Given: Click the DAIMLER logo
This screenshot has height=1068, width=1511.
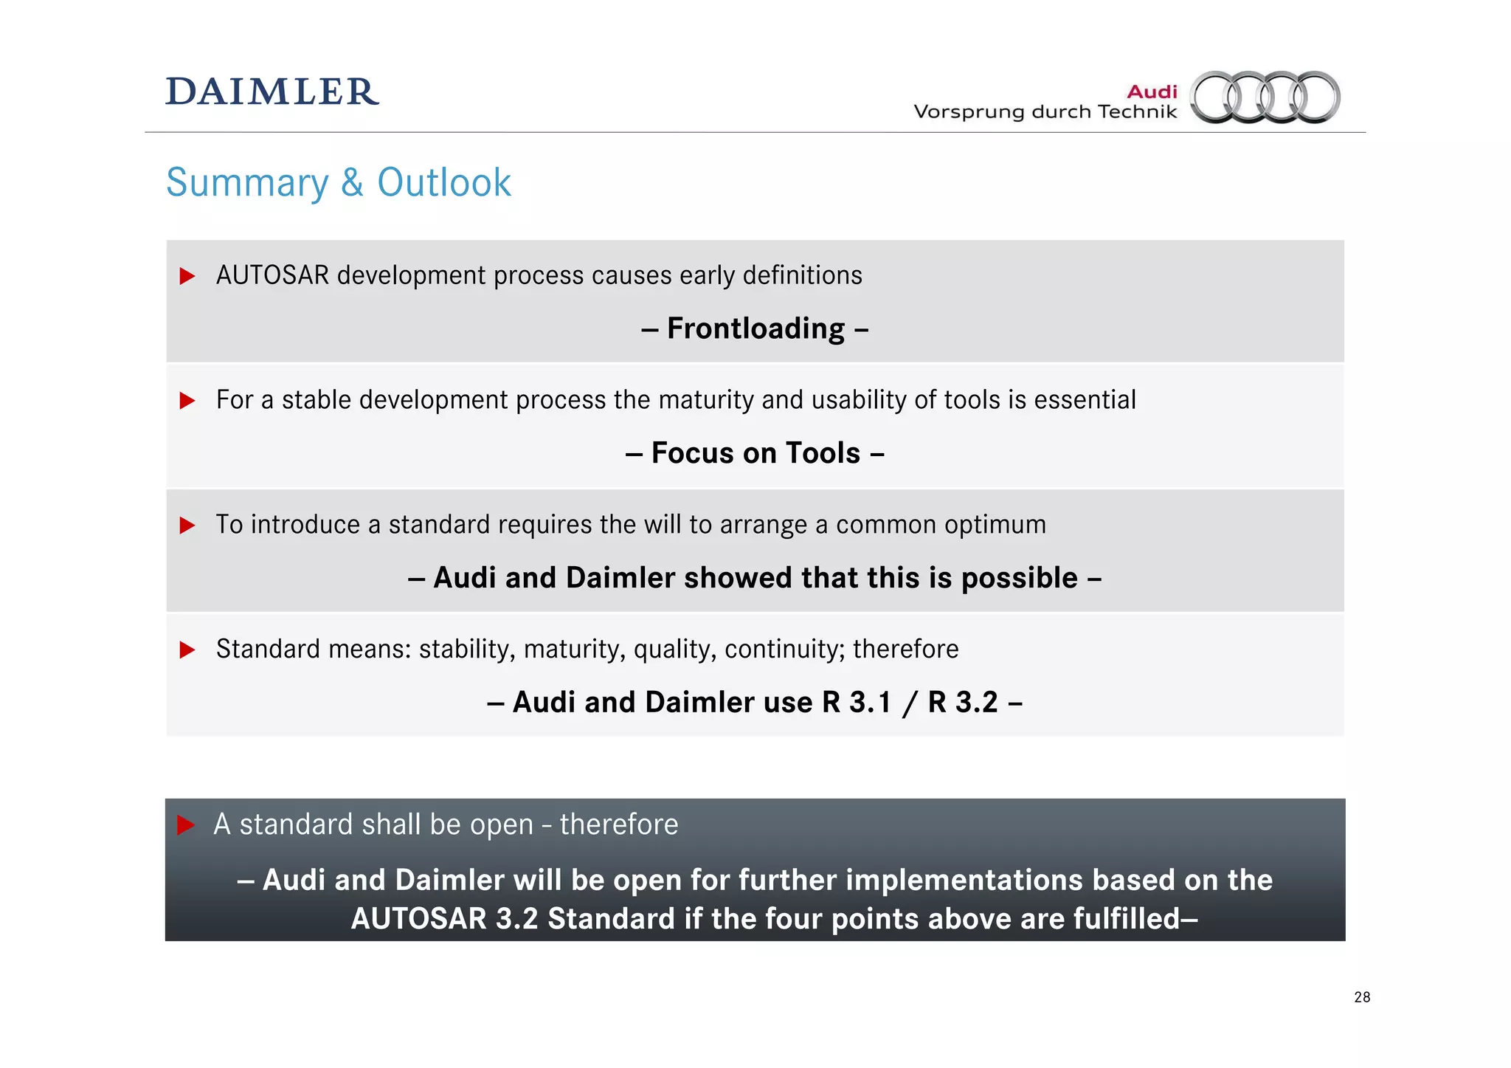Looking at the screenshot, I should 272,92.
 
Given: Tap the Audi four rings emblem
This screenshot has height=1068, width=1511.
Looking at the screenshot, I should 1265,97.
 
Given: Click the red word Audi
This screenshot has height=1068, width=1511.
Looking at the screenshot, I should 1152,92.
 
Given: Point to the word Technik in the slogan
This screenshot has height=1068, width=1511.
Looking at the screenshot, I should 1137,112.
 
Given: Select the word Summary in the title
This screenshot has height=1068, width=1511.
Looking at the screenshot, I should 247,183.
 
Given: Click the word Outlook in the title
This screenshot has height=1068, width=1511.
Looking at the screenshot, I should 443,182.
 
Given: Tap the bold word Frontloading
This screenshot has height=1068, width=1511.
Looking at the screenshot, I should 755,328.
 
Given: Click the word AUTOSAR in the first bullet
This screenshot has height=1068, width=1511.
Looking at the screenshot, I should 272,275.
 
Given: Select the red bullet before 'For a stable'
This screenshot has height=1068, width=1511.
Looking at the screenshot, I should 187,401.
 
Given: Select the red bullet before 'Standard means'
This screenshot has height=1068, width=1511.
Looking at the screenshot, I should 187,650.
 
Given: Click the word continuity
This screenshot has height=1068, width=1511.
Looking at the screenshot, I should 784,650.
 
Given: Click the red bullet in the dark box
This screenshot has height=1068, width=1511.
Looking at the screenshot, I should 186,825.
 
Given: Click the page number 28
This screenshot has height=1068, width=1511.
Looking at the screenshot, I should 1362,997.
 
